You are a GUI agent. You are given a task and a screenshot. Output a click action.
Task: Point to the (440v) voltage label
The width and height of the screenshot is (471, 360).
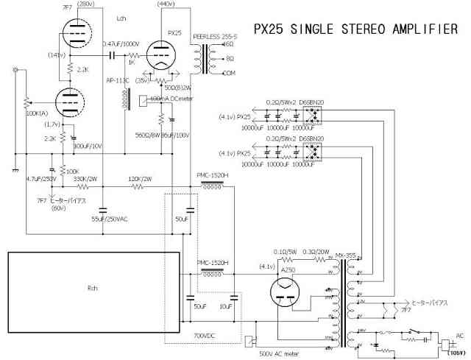pyautogui.click(x=167, y=4)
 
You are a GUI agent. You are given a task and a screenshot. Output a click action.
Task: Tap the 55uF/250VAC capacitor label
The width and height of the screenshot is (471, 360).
pyautogui.click(x=108, y=219)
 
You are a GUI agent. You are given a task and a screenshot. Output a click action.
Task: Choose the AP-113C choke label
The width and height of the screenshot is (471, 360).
pyautogui.click(x=118, y=80)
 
